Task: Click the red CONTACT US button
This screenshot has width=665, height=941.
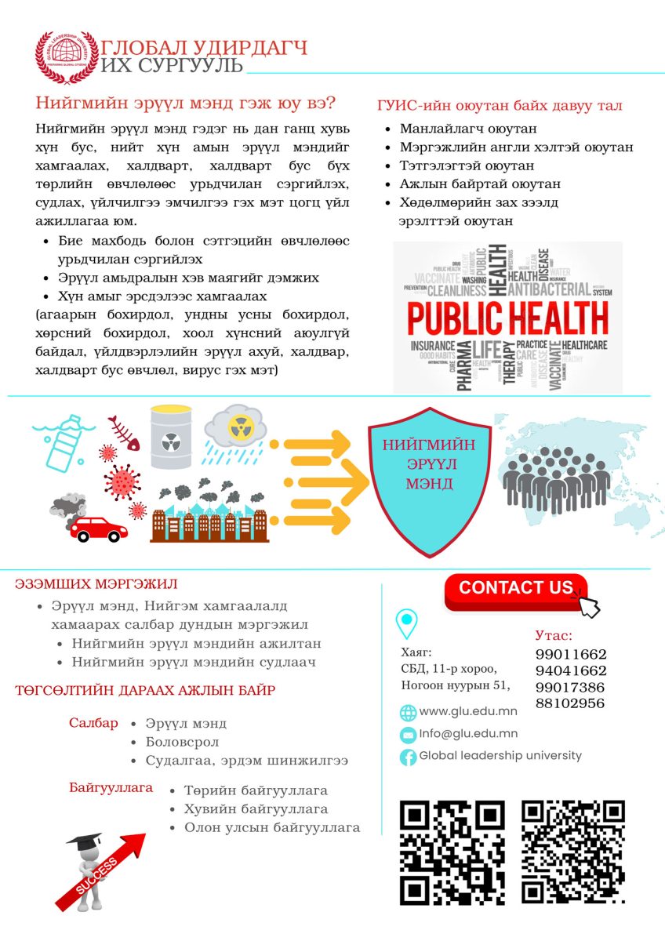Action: (515, 589)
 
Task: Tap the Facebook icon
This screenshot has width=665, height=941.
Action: (408, 757)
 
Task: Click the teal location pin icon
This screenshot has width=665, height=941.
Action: (406, 623)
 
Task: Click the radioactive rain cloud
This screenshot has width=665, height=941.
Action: (234, 434)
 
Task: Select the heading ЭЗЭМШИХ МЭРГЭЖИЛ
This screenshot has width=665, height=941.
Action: (96, 584)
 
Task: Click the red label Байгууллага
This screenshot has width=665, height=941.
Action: (111, 787)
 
